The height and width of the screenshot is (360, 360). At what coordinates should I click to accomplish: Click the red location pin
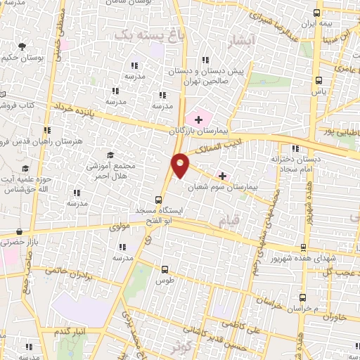click(180, 165)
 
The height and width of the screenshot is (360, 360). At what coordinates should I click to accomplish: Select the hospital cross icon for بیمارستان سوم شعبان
click(223, 175)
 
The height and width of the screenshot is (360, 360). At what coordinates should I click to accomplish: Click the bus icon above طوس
click(165, 269)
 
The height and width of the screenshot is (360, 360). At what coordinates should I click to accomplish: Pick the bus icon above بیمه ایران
click(318, 12)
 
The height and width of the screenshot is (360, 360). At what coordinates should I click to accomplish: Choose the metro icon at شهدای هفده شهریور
click(303, 247)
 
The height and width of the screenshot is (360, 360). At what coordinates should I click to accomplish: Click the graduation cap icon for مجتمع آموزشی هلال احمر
click(109, 155)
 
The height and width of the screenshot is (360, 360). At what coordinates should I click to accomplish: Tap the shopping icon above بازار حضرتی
click(19, 230)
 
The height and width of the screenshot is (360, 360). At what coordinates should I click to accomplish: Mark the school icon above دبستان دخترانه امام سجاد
click(295, 148)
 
